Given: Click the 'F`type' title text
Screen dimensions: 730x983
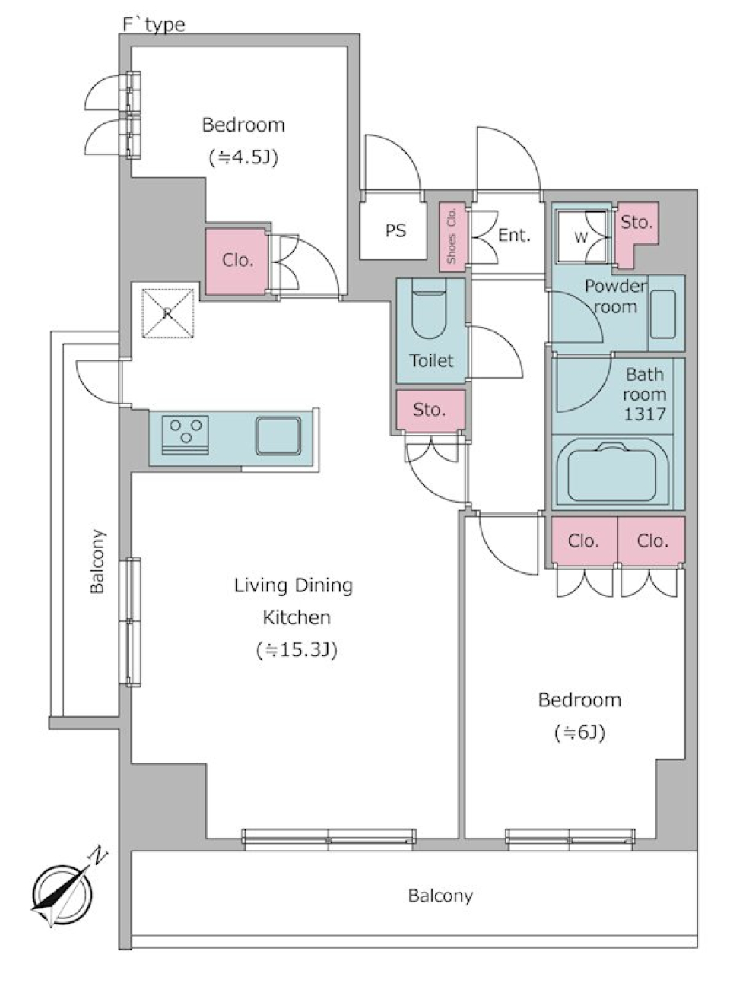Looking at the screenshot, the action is (154, 25).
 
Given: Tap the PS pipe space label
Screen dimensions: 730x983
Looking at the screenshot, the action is (395, 230).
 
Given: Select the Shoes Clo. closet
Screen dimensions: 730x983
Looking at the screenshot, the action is (452, 236).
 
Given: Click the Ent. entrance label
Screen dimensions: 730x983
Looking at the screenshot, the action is (514, 236).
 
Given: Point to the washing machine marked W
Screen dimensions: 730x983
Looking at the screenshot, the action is (582, 237).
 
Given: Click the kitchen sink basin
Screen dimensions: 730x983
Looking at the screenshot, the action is (278, 436).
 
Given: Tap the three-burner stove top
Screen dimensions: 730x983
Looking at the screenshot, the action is (186, 435).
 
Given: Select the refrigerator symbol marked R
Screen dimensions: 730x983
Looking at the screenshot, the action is (167, 313).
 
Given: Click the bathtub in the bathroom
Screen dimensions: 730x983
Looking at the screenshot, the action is (612, 473).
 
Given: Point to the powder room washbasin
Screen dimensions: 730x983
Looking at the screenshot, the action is (663, 314).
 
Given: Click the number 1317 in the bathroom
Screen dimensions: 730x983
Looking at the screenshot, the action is (645, 414).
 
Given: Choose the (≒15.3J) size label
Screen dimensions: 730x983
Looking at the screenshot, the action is (297, 650).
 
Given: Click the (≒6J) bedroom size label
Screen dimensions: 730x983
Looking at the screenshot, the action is (579, 733).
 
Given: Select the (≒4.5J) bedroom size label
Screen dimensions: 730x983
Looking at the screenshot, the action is (243, 157).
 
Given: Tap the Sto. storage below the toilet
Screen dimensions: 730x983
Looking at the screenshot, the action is (430, 410).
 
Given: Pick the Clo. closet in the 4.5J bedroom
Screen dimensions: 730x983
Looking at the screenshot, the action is (238, 262).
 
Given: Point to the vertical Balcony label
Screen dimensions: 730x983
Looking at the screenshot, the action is (97, 561).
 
